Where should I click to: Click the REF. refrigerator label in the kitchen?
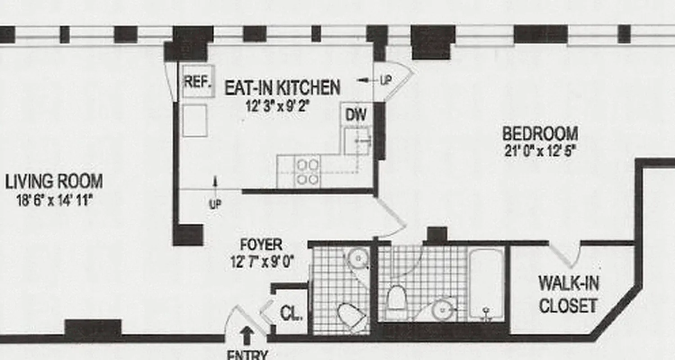[198, 82]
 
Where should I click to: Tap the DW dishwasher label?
[355, 115]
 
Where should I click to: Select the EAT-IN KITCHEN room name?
[282, 87]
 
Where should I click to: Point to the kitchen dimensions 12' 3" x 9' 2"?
[278, 107]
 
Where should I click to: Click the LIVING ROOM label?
[54, 182]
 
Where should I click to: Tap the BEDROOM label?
[540, 134]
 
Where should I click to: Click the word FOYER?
[261, 245]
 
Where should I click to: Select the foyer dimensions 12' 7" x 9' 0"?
[262, 262]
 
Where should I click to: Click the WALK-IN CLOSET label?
[568, 295]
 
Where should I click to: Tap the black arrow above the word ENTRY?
[246, 335]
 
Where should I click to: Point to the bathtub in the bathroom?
[486, 283]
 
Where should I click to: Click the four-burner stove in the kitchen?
[307, 171]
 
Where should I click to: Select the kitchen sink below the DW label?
[357, 141]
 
